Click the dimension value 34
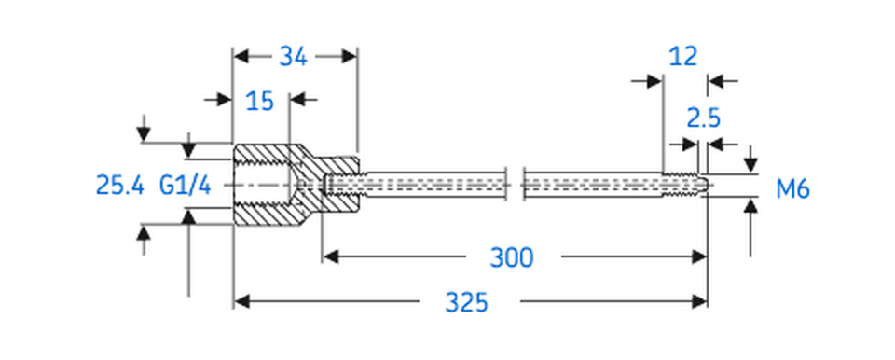point(294,57)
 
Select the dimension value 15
point(260,100)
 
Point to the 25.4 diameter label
point(120,186)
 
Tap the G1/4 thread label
point(186,186)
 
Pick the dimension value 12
point(682,57)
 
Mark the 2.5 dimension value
point(704,118)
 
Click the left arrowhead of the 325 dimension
point(241,300)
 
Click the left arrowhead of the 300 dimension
point(332,256)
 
